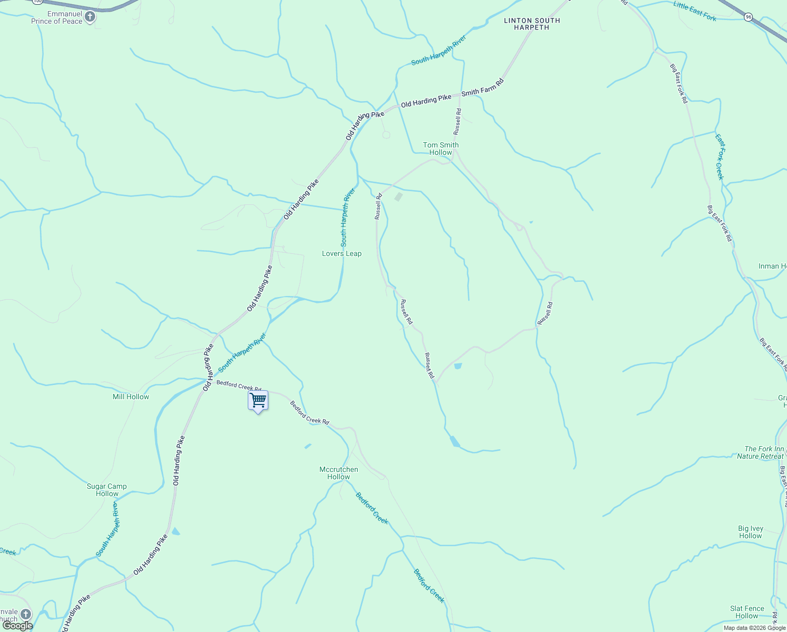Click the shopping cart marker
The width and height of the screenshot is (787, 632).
pos(258,401)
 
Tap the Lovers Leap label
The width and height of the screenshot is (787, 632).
pos(341,253)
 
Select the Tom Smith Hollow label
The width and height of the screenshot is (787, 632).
pos(441,149)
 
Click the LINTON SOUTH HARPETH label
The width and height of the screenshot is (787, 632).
pos(532,24)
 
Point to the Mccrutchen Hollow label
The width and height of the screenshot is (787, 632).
pos(339,473)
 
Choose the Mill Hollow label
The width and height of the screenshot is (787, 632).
pos(131,397)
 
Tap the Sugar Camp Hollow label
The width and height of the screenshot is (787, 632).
pos(107,490)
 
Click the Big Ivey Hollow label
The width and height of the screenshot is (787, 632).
pos(750,532)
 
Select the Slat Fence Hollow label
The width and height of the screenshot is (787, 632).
pos(746,612)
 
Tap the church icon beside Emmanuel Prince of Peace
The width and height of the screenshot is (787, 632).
pos(90,17)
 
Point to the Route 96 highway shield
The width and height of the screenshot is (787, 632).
pos(748,17)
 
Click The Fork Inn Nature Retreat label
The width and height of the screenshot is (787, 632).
pos(760,452)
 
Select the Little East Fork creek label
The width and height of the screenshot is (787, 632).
pos(695,11)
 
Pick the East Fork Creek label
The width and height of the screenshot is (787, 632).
pos(720,156)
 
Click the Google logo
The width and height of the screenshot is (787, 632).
pos(17,626)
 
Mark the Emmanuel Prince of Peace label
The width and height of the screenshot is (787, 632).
pos(57,17)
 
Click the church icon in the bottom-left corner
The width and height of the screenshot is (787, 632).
pos(26,614)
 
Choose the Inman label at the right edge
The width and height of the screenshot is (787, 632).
pos(772,266)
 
